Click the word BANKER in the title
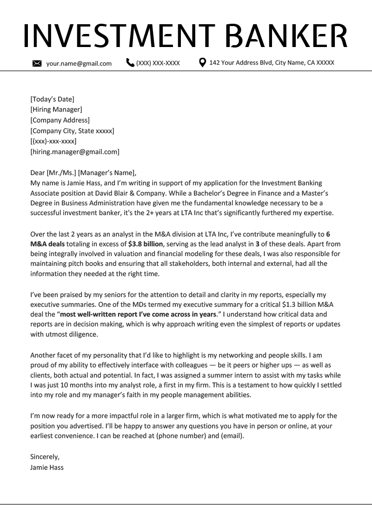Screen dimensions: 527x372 click(289, 36)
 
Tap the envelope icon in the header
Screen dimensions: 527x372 click(37, 63)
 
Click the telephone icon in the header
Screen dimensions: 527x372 click(130, 62)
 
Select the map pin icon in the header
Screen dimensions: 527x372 click(202, 62)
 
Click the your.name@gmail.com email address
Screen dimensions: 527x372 click(79, 63)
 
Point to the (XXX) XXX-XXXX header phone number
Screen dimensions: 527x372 click(158, 63)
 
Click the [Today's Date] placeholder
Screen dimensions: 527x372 click(52, 99)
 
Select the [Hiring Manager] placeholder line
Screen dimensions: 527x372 click(56, 109)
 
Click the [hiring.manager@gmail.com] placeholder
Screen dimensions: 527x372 click(74, 152)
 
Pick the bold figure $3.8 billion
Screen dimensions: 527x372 click(146, 244)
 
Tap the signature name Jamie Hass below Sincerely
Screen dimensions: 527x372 click(46, 467)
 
